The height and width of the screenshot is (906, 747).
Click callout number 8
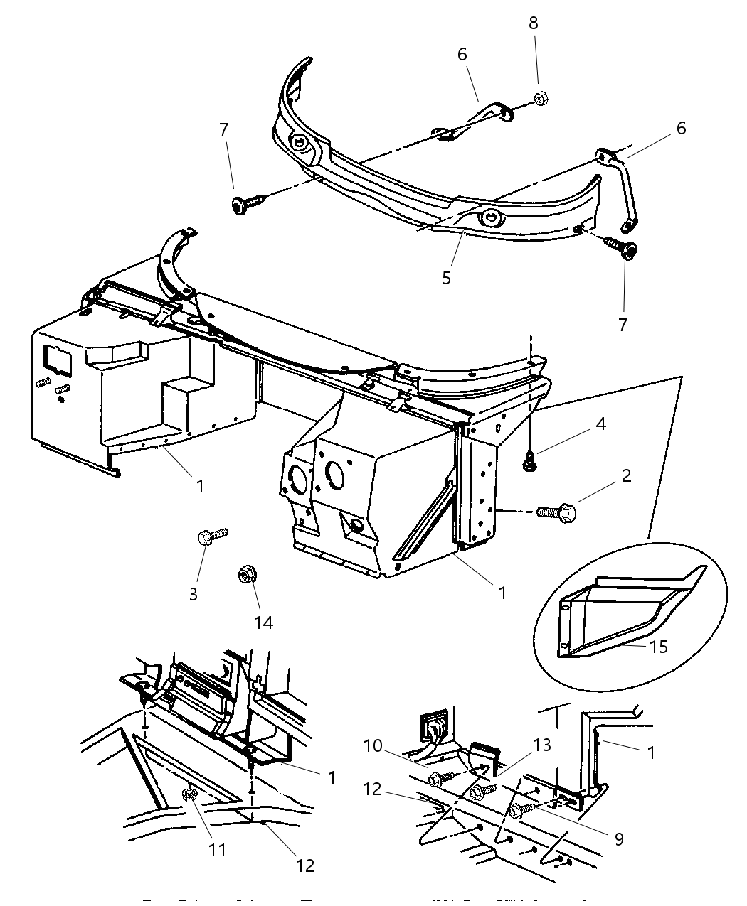click(x=533, y=23)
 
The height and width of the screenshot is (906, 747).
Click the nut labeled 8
click(x=539, y=99)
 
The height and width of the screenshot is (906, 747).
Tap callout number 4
click(x=601, y=424)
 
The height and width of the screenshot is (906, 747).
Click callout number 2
click(x=626, y=475)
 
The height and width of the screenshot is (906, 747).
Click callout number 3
click(x=194, y=593)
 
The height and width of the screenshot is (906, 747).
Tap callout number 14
click(x=263, y=622)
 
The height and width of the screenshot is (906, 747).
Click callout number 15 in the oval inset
click(x=659, y=647)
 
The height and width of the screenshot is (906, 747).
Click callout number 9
click(x=618, y=839)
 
